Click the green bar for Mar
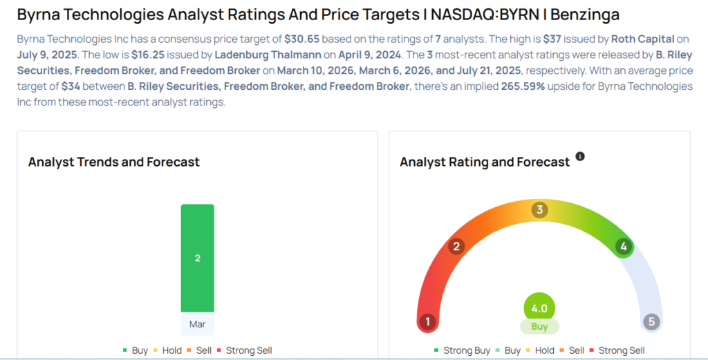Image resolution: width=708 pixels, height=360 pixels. (x=197, y=258)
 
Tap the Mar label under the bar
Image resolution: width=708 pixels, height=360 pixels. (x=197, y=323)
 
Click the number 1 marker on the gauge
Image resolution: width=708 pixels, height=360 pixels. (x=428, y=321)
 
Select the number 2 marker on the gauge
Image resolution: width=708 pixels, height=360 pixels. (x=456, y=247)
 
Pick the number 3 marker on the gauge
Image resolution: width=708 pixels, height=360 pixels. (x=539, y=210)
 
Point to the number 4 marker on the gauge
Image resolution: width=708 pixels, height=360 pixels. (x=624, y=247)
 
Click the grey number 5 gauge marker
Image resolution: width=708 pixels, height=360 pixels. (x=651, y=321)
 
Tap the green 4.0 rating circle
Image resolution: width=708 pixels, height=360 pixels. (x=539, y=308)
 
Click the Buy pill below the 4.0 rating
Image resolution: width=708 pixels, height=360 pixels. (x=539, y=327)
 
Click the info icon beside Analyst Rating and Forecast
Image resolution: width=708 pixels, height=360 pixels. (x=580, y=157)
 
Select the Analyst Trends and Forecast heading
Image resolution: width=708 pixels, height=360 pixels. (x=114, y=162)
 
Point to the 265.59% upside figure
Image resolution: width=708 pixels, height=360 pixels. (x=524, y=86)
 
